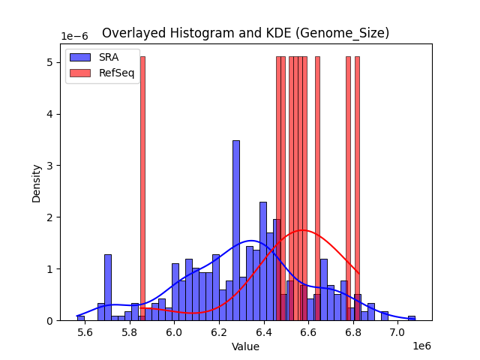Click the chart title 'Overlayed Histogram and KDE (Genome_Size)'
click(245, 33)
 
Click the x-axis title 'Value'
click(245, 346)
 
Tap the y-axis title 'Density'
click(37, 182)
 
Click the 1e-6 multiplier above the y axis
click(73, 37)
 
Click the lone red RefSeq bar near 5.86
click(142, 187)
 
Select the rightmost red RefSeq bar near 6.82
click(357, 187)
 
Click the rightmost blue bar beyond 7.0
click(411, 318)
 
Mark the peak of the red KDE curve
click(302, 230)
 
